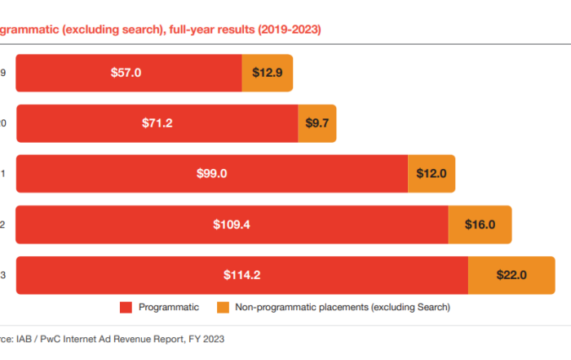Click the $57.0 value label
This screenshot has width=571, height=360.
pos(126,73)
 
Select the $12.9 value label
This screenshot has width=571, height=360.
pos(267,73)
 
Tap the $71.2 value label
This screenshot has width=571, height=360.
pos(157,123)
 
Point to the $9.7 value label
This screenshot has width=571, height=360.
pos(317,123)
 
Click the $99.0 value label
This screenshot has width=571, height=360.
pos(211,174)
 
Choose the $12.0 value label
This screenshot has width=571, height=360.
pos(431,174)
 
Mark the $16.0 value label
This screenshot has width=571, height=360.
pos(480,224)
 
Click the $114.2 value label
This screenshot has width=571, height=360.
pos(242,275)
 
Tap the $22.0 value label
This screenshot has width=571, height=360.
pos(511,275)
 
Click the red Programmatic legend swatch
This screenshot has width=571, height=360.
pos(126,308)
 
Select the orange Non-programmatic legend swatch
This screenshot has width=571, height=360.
pos(222,308)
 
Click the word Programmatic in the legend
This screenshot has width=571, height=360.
pos(169,308)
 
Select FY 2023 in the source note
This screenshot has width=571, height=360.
pos(205,338)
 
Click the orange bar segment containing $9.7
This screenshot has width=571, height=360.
pos(317,123)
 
